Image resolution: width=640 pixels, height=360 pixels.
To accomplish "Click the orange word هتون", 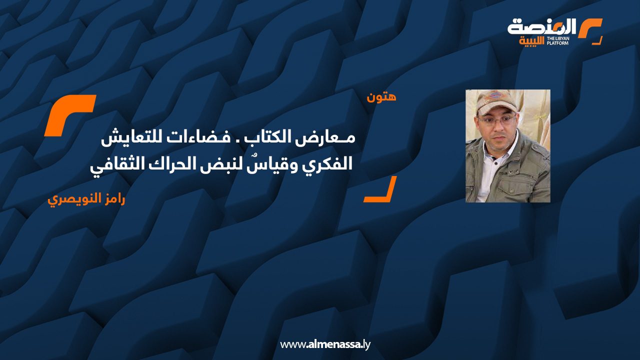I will (381, 97).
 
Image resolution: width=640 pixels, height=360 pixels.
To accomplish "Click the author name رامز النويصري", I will (86, 199).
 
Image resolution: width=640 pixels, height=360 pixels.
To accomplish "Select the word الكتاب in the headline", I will (271, 138).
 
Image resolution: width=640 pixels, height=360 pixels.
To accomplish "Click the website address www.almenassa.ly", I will (325, 344).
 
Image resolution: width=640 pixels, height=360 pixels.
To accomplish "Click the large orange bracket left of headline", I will (69, 115).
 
